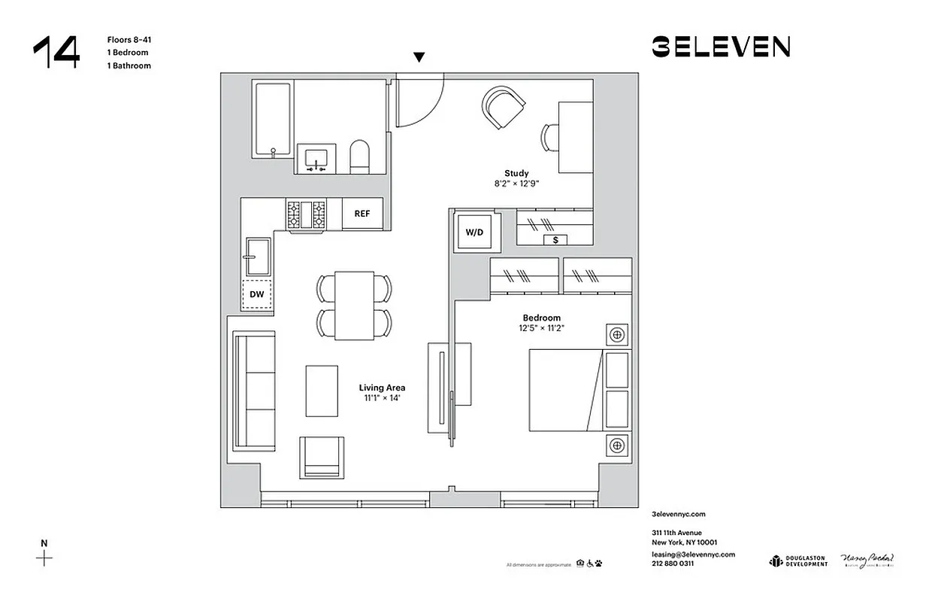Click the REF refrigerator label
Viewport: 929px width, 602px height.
[x=362, y=214]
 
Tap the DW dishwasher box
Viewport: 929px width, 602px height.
[x=257, y=295]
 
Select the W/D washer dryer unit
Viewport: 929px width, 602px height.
[x=474, y=233]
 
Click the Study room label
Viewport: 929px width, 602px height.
[x=516, y=174]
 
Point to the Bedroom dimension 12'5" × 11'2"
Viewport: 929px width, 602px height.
[x=541, y=328]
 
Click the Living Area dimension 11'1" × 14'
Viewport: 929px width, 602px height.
[x=382, y=398]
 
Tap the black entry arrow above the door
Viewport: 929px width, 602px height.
[x=419, y=57]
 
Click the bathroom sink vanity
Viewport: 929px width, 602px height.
[x=316, y=159]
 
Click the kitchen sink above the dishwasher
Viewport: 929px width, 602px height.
[x=258, y=257]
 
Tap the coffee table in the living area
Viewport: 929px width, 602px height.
[x=322, y=390]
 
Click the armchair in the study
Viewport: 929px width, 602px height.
[x=502, y=107]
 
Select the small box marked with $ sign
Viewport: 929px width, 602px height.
[x=555, y=239]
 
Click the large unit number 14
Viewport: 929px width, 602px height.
[x=56, y=53]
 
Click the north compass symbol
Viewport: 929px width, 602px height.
[x=45, y=558]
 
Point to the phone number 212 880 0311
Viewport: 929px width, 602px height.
[x=673, y=563]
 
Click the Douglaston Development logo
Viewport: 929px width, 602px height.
[x=798, y=561]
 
